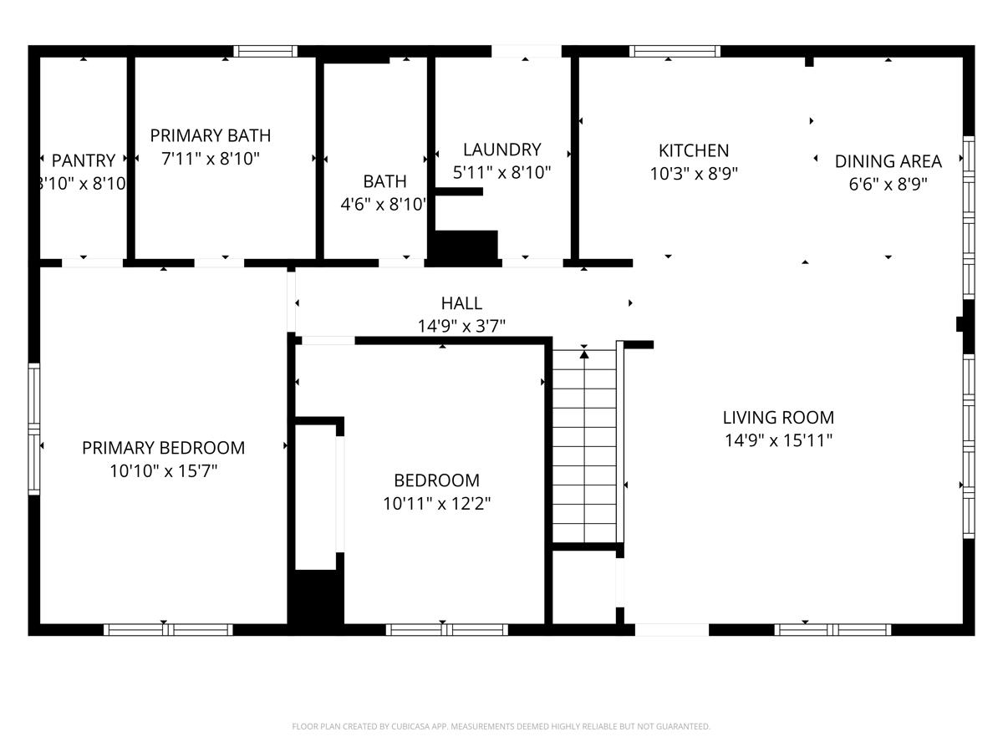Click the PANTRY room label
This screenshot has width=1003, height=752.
(x=84, y=160)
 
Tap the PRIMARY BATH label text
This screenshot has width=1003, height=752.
(x=211, y=135)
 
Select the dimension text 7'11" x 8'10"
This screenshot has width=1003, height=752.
(x=211, y=158)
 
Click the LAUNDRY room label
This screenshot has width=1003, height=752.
(x=501, y=150)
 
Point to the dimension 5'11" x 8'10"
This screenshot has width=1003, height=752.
(x=501, y=173)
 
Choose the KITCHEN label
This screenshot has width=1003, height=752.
(x=694, y=150)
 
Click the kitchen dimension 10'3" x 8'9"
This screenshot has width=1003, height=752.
(x=694, y=174)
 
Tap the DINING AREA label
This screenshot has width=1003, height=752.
(x=888, y=161)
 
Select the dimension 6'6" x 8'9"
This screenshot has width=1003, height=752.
(x=888, y=184)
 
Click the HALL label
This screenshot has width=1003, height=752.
(x=461, y=303)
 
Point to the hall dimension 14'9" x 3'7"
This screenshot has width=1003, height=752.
(x=461, y=326)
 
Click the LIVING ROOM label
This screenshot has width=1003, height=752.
(x=778, y=418)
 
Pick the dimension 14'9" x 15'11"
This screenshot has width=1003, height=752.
(x=778, y=440)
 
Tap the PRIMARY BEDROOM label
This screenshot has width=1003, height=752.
(x=164, y=448)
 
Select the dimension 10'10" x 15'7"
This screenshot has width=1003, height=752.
(x=164, y=471)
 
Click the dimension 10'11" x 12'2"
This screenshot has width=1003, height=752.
(x=436, y=504)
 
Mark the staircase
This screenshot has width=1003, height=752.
(x=584, y=447)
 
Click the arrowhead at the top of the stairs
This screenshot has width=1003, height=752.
(x=584, y=354)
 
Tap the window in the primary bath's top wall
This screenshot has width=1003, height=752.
(x=265, y=51)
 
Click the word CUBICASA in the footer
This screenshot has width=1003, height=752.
(x=412, y=727)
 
